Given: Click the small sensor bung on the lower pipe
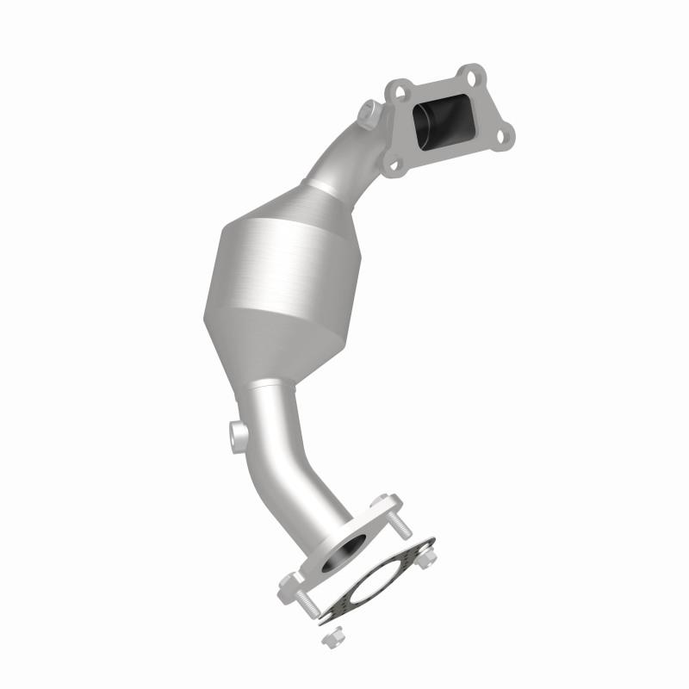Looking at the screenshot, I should [235, 431].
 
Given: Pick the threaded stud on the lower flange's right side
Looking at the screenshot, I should [403, 526].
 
